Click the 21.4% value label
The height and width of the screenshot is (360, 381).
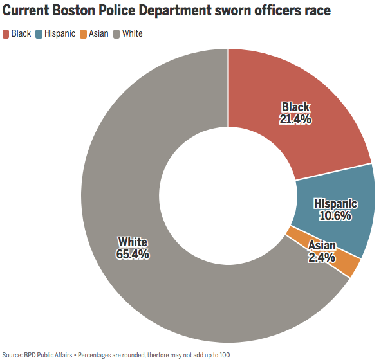coord(295,120)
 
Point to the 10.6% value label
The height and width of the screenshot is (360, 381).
coord(335,215)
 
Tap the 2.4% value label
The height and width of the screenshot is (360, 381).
coord(322,257)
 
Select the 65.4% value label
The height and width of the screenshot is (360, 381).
coord(133,254)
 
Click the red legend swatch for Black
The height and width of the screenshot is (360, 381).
coord(6,33)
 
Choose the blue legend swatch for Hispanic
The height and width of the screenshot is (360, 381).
coord(39,33)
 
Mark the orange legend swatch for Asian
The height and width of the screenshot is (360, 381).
coord(84,33)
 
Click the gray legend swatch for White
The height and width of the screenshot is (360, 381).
coord(116,33)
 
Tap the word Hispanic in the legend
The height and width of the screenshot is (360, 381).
coord(60,33)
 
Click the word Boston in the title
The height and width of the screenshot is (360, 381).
coord(73,10)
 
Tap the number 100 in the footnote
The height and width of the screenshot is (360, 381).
coord(225,355)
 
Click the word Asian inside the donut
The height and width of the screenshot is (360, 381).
coord(322,246)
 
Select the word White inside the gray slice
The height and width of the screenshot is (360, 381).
coord(133,242)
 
